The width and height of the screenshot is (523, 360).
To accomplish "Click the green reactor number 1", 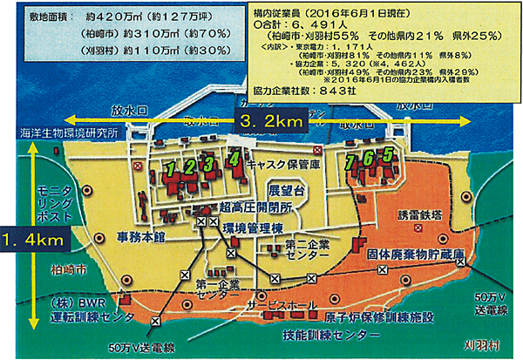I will (x=173, y=166).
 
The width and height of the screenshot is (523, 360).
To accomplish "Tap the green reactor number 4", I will (x=234, y=160).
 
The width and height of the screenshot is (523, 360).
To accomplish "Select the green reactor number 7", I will (x=350, y=162).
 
